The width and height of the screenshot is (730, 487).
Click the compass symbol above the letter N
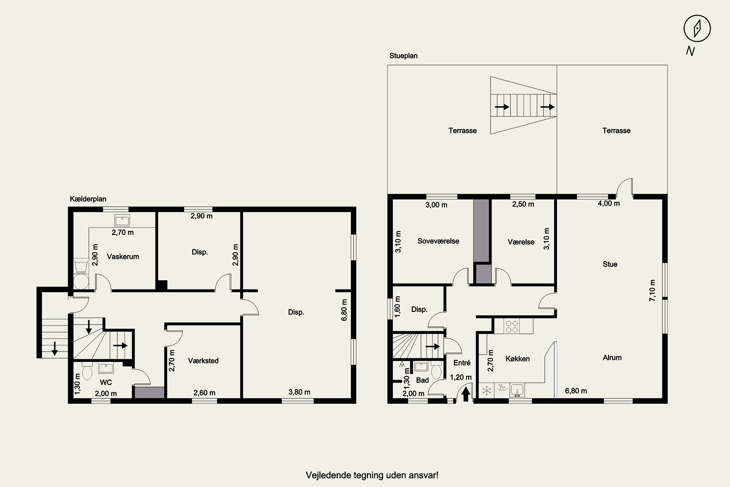(697, 28)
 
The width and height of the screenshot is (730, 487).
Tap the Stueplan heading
(403, 56)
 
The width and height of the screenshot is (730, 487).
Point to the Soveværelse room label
(438, 241)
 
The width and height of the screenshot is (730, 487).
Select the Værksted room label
(203, 361)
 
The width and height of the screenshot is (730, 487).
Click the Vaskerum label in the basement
(123, 257)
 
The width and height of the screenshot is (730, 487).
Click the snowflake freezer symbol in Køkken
(487, 390)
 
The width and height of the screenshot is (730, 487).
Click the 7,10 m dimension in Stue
(652, 290)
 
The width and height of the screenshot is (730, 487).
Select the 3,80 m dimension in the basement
(299, 392)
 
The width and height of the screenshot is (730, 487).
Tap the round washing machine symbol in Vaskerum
(81, 281)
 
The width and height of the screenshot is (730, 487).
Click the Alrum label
(612, 357)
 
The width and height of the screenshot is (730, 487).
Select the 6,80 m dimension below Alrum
(576, 391)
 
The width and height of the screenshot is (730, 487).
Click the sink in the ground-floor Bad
(421, 366)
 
